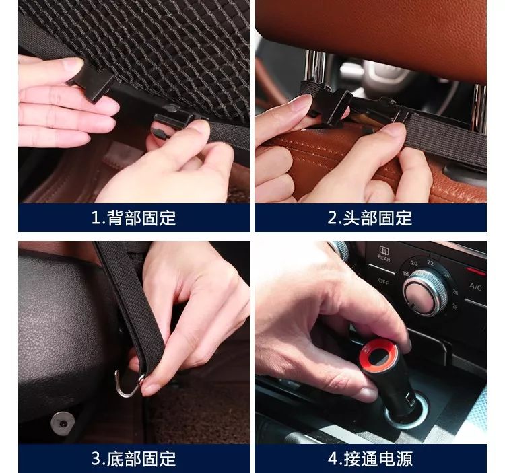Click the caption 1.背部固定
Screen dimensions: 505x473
point(134,218)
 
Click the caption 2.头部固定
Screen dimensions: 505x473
point(370,218)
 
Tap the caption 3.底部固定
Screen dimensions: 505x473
point(134,459)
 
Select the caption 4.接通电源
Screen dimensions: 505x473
point(370,459)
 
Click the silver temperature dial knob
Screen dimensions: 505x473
point(424,293)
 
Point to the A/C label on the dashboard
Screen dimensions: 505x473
point(475,286)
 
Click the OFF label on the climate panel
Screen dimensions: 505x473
point(383,281)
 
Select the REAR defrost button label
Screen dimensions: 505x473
point(384,254)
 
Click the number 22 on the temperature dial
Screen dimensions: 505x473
point(430,263)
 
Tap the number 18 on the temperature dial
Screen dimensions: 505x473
point(405,273)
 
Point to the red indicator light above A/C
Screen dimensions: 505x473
point(476,271)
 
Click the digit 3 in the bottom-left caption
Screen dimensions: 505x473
point(96,459)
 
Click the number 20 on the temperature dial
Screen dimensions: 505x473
point(414,263)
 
